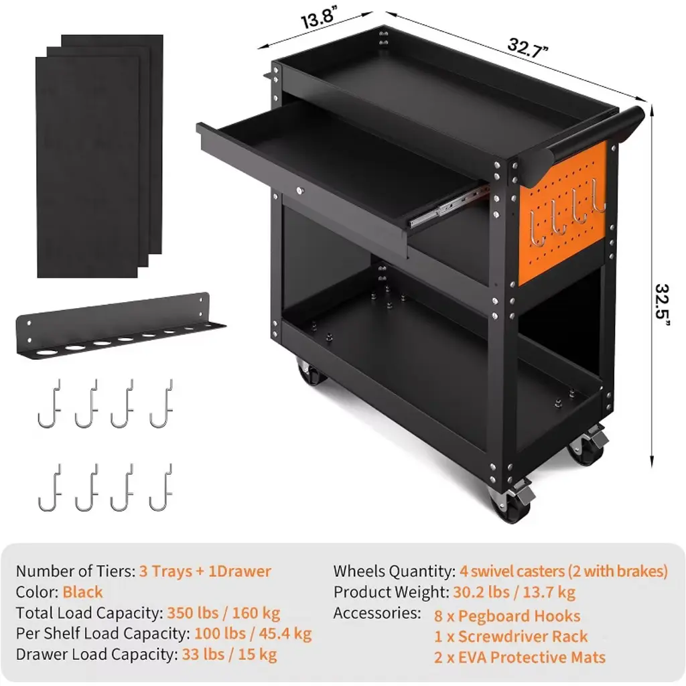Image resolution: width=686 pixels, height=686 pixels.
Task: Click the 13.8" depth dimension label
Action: point(319,18)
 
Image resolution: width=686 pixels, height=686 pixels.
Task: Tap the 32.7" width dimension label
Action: point(528,48)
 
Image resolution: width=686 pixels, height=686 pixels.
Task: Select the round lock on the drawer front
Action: point(299,190)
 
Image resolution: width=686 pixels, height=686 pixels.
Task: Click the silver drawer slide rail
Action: point(449,206)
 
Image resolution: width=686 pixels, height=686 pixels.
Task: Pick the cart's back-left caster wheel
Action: point(311,372)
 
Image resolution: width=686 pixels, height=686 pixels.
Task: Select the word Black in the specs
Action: point(82,592)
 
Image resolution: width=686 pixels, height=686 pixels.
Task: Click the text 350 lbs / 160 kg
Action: point(224,613)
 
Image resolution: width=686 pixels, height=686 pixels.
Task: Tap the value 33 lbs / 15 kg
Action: point(229,655)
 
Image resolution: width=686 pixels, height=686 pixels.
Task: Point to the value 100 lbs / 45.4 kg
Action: point(253,634)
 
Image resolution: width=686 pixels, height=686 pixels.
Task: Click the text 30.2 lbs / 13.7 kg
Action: point(514,592)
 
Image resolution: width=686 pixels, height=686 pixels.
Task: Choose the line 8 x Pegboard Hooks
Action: point(507,616)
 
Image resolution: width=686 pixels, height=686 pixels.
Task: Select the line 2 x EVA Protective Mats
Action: point(520,657)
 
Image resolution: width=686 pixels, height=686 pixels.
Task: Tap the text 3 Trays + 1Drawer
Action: point(205,571)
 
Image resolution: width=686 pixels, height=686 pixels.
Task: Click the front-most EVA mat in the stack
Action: point(88,167)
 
